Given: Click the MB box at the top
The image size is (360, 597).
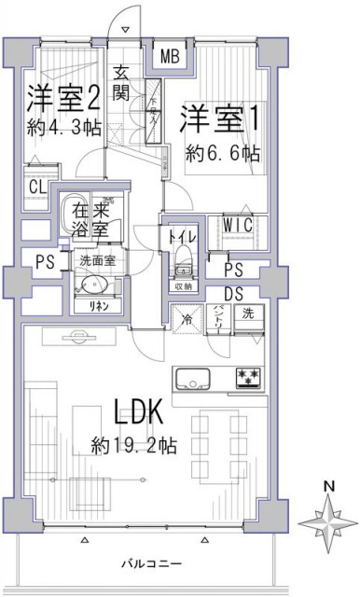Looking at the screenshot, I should tap(170, 57).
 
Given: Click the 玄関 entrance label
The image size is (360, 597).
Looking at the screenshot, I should tap(122, 83).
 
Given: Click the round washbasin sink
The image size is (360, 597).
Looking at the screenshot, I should tap(90, 285).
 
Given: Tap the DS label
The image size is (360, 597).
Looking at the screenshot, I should tap(234, 291).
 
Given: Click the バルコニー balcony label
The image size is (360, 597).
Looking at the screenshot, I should tap(152, 563).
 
